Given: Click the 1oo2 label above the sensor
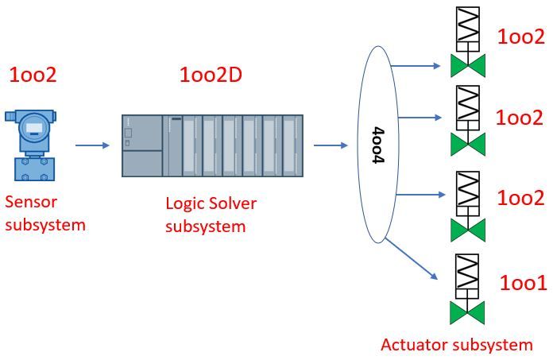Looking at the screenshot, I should point(33,76).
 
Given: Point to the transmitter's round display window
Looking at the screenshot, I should point(33,126).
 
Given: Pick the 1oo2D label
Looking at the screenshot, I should point(211,75).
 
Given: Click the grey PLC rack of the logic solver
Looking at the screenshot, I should point(212,145).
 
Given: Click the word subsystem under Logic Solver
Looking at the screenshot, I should point(206,226).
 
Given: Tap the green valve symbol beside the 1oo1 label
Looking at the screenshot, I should point(467,311).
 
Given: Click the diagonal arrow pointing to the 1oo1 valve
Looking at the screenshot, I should point(418,256).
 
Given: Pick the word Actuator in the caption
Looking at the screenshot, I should point(415,345).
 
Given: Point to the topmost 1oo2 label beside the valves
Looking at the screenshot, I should point(521,37).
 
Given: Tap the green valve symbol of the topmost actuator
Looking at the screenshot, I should point(467,65).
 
